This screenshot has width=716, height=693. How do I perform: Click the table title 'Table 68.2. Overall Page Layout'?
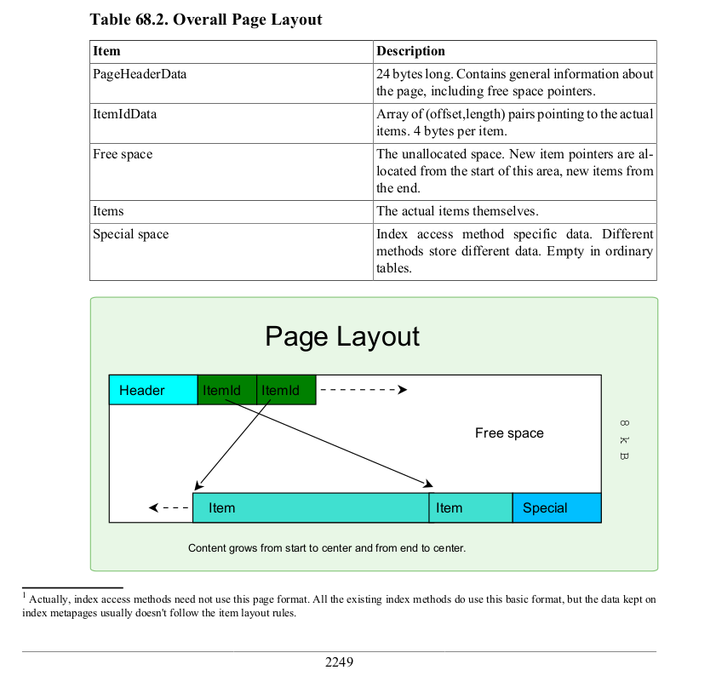(x=206, y=19)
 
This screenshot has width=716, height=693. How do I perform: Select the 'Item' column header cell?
(x=106, y=51)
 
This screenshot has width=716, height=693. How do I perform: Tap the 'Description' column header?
(x=410, y=51)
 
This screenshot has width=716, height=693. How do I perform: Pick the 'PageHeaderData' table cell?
(x=140, y=74)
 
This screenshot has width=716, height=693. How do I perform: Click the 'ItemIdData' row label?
(x=124, y=113)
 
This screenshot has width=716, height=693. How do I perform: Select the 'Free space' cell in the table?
(x=123, y=154)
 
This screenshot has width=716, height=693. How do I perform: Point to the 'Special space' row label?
(x=130, y=234)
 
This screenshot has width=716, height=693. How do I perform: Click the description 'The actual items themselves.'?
(x=457, y=211)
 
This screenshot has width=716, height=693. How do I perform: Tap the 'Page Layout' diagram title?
(x=342, y=335)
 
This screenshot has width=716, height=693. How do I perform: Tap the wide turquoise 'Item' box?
(x=311, y=508)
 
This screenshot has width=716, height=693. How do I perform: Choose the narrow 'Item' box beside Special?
(x=470, y=508)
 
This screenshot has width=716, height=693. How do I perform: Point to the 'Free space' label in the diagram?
(x=509, y=433)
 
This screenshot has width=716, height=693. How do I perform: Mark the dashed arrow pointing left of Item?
(x=169, y=508)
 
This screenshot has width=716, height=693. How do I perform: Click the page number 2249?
(x=339, y=662)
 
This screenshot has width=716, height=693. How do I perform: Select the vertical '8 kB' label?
(x=624, y=439)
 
